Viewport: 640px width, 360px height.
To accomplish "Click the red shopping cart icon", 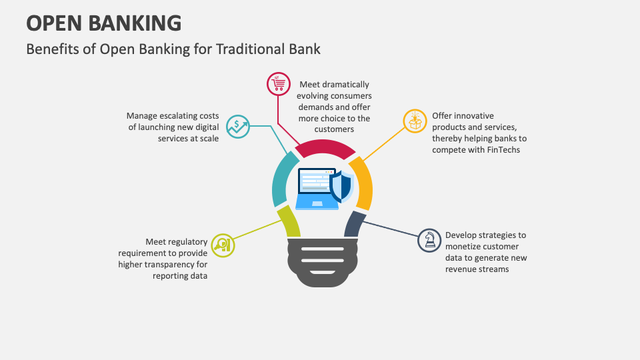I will pos(278,84).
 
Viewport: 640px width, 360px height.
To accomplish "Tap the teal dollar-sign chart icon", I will pos(238,126).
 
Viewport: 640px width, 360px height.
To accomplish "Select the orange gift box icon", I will pos(415,121).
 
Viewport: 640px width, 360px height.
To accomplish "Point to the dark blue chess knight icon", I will pos(429,240).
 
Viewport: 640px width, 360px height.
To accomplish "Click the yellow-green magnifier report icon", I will pos(223,245).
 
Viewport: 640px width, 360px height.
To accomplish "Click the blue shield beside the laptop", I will pos(341,186).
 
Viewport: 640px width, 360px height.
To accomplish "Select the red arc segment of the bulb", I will pos(325,148).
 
